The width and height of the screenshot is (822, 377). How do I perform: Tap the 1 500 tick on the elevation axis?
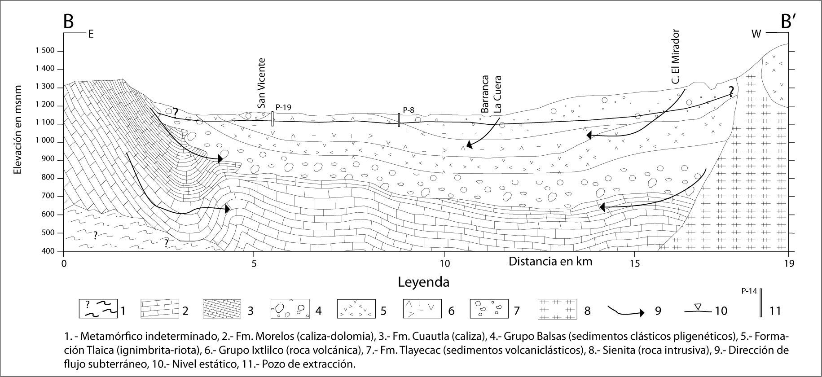tap(44, 51)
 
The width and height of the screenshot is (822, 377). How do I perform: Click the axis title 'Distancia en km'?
tap(550, 261)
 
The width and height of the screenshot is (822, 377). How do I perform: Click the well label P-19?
tap(284, 107)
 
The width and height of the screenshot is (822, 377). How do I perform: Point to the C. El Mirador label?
tap(676, 63)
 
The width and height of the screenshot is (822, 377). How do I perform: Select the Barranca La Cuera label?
tap(491, 94)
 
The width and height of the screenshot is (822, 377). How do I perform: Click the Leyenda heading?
tap(423, 282)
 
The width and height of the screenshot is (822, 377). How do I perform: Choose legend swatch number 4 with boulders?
tap(290, 309)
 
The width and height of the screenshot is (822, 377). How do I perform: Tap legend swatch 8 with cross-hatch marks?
tap(557, 309)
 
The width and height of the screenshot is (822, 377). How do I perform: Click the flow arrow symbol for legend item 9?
tap(626, 311)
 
